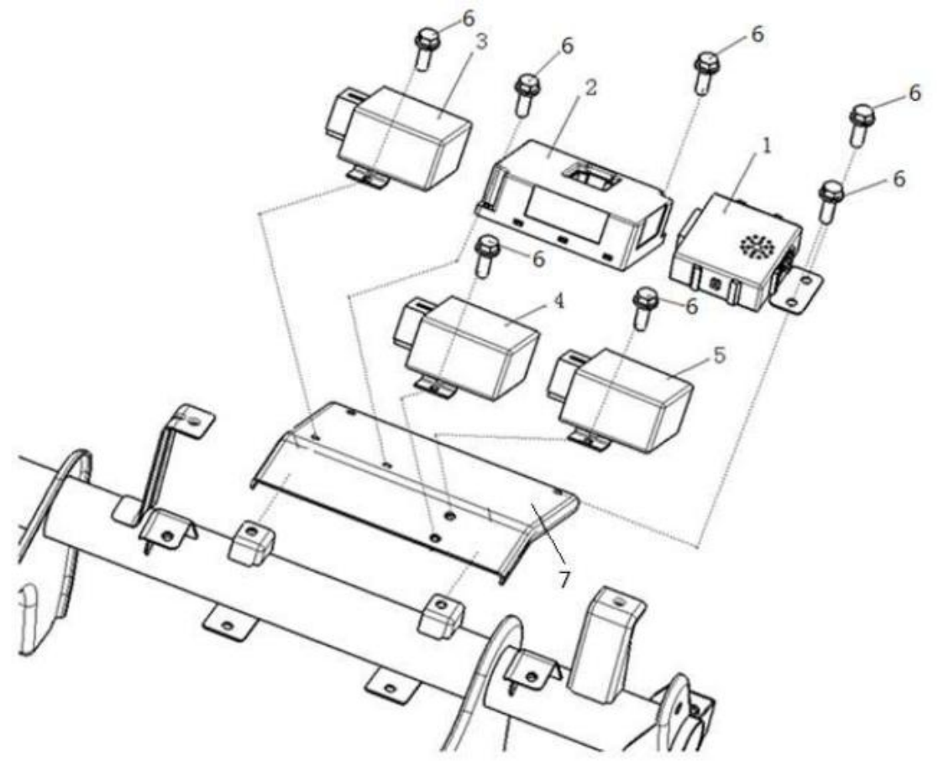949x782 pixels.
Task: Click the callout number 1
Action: point(766,147)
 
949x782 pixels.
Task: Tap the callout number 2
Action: point(590,87)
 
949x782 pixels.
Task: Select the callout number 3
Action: point(482,42)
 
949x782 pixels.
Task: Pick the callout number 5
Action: point(719,355)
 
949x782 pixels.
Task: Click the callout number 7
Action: point(564,580)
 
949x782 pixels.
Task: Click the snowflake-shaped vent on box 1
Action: point(756,245)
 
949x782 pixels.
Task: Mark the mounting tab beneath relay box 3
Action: point(370,178)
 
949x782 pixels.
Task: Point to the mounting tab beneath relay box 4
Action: point(436,387)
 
